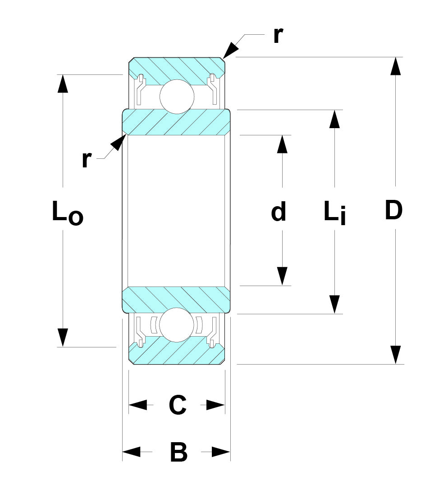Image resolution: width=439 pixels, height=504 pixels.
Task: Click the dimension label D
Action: [x=393, y=211]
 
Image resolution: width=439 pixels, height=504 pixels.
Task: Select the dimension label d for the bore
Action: [x=279, y=212]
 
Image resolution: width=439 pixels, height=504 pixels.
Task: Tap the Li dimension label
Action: [x=334, y=212]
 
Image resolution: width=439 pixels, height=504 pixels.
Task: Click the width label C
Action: [x=177, y=405]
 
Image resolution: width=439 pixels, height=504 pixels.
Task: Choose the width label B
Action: [x=178, y=452]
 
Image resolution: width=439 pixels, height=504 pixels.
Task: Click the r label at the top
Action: [x=278, y=36]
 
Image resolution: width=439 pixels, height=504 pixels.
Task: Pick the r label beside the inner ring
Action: [x=87, y=159]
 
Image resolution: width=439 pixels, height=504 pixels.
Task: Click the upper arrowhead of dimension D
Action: [x=395, y=66]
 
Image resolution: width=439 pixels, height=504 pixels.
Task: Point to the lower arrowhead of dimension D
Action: [x=395, y=355]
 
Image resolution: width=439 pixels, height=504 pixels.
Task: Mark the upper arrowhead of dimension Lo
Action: [x=63, y=83]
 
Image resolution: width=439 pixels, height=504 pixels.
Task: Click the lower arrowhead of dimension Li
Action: [x=334, y=304]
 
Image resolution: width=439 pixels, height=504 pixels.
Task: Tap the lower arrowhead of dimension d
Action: [x=282, y=276]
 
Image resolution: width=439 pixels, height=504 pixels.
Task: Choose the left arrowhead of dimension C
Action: [x=138, y=405]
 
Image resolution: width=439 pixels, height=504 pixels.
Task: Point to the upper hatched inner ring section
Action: [x=176, y=123]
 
